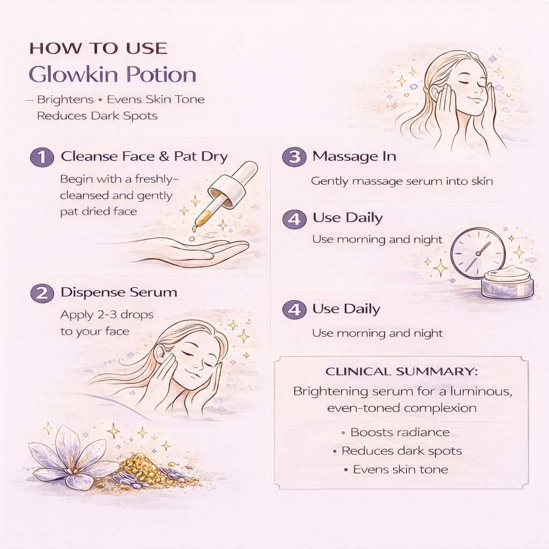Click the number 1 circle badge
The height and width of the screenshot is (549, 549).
click(x=42, y=157)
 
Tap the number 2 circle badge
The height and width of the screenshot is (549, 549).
click(x=42, y=293)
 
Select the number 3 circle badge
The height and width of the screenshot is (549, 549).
click(x=294, y=157)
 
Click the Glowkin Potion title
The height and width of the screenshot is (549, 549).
click(x=113, y=74)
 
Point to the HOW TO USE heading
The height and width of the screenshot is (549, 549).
click(x=99, y=48)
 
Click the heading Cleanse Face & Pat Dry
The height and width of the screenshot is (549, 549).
click(x=144, y=157)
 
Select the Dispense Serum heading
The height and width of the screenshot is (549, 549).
click(x=118, y=292)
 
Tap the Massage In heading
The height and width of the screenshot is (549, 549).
click(x=354, y=156)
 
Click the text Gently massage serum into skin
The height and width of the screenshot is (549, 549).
click(x=402, y=181)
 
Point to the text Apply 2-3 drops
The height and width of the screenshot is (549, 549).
click(x=107, y=315)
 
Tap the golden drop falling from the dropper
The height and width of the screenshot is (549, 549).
click(x=191, y=239)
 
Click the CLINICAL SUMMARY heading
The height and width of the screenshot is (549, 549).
click(x=402, y=371)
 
